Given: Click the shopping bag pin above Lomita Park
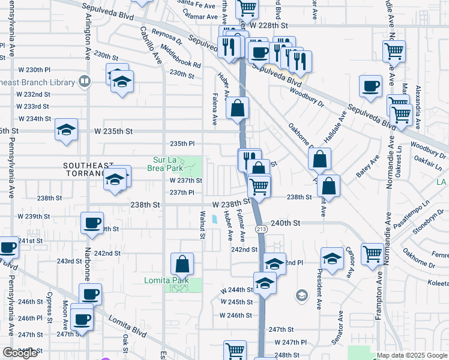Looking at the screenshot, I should (182, 263).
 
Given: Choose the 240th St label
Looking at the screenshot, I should (285, 222).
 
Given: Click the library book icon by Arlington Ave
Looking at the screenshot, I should (85, 80).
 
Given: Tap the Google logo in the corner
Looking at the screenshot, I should (20, 353).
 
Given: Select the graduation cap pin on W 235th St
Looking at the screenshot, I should (66, 129).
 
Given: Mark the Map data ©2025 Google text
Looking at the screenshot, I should (412, 355).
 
